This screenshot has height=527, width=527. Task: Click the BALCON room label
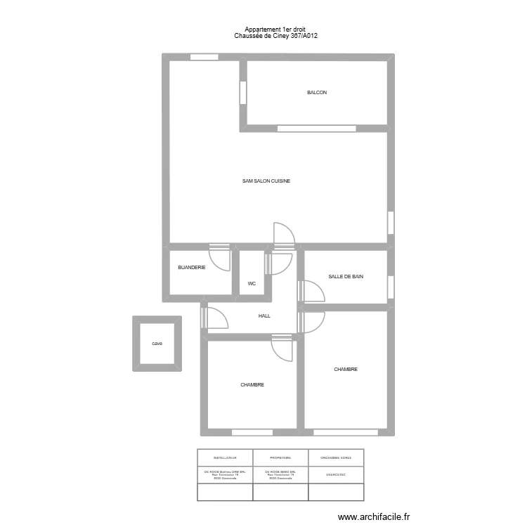pyautogui.click(x=316, y=93)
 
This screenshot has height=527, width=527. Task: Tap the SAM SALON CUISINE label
pyautogui.click(x=266, y=181)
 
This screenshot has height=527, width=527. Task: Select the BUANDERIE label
pyautogui.click(x=192, y=267)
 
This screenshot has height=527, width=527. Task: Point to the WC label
pyautogui.click(x=251, y=284)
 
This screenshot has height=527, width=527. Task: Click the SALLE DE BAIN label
pyautogui.click(x=346, y=277)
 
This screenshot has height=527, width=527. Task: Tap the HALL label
pyautogui.click(x=264, y=316)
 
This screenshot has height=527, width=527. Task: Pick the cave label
pyautogui.click(x=157, y=344)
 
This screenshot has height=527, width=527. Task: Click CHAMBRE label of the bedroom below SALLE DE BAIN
pyautogui.click(x=346, y=369)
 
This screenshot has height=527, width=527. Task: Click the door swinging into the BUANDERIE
pyautogui.click(x=221, y=257)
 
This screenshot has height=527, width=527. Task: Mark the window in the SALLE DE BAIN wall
pyautogui.click(x=391, y=287)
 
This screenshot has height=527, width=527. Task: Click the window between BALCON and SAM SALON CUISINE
pyautogui.click(x=316, y=129)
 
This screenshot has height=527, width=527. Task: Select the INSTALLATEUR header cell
pyautogui.click(x=225, y=457)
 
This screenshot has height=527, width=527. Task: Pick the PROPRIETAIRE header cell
pyautogui.click(x=280, y=457)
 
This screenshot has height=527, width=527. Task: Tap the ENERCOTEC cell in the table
pyautogui.click(x=336, y=474)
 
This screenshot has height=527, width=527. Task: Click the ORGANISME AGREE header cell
pyautogui.click(x=336, y=457)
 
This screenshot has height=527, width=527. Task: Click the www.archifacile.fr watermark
pyautogui.click(x=373, y=517)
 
